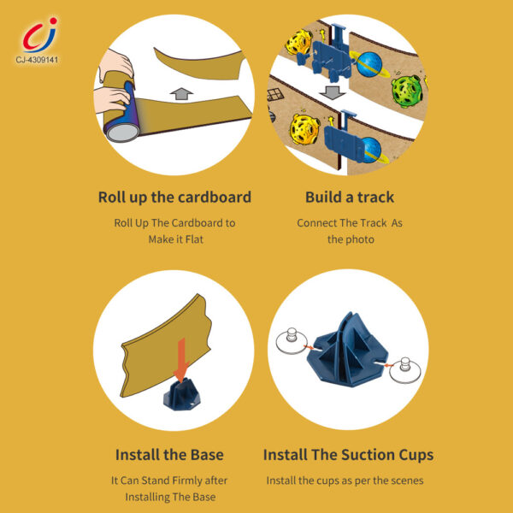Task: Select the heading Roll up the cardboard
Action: click(174, 197)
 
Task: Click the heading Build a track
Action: click(350, 197)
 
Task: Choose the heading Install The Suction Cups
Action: click(348, 454)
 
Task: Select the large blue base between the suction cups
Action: click(347, 351)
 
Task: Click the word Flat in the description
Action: click(197, 239)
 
